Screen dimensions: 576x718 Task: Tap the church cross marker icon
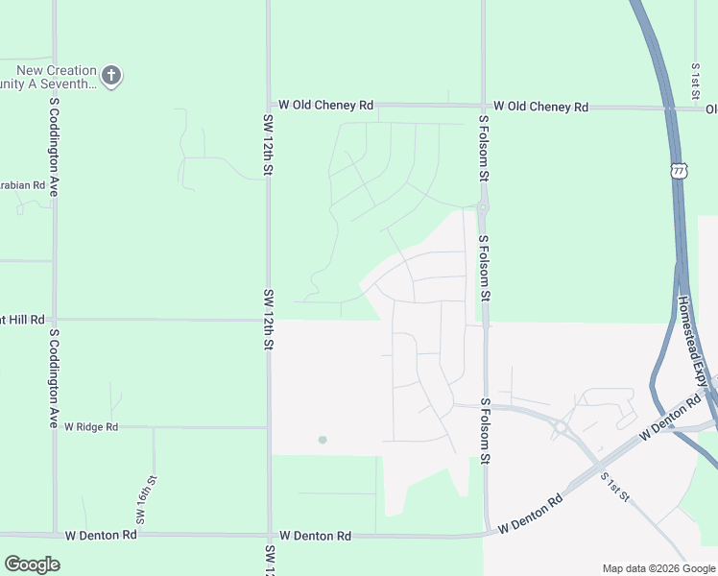(111, 75)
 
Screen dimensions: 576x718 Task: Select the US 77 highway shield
(680, 170)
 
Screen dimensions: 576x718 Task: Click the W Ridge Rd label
(91, 427)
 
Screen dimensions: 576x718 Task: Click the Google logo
(32, 564)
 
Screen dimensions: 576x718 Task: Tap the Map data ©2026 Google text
(658, 568)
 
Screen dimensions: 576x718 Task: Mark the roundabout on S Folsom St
(484, 206)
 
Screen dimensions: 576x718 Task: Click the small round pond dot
(323, 440)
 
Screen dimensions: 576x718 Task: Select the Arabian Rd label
(23, 184)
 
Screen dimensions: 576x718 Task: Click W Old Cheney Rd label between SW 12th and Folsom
(326, 106)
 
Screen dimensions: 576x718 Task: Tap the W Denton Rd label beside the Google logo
(99, 535)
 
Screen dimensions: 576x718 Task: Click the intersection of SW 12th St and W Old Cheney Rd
(269, 106)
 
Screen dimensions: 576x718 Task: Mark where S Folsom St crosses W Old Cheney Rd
(483, 106)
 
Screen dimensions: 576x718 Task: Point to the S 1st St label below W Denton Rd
(614, 487)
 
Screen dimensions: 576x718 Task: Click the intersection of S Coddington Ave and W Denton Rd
(55, 535)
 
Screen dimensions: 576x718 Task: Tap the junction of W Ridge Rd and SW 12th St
(269, 427)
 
